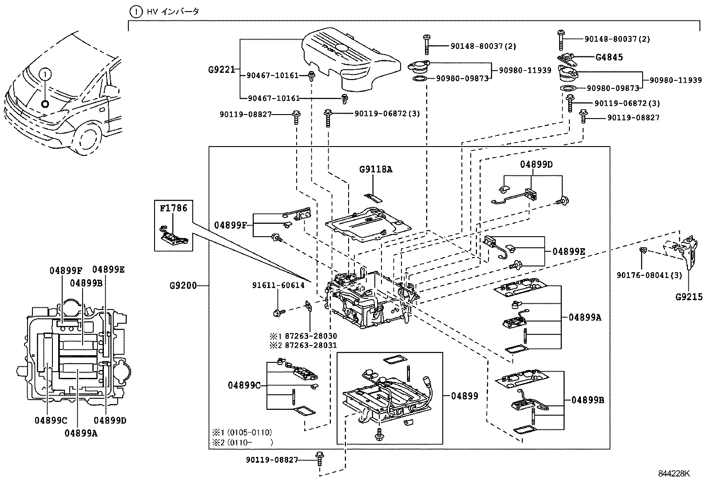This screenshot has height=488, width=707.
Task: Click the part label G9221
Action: click(x=221, y=70)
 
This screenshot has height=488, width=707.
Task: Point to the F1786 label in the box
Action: click(x=174, y=208)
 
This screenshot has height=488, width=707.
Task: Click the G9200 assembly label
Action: click(x=183, y=286)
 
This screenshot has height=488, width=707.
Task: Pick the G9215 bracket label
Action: click(x=689, y=297)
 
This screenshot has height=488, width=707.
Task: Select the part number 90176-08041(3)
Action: click(x=649, y=275)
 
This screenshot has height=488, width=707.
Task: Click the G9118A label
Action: click(x=376, y=170)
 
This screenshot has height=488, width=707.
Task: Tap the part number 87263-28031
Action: click(x=310, y=345)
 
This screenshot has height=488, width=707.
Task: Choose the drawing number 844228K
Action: click(x=674, y=473)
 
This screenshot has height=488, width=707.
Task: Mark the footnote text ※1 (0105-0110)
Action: click(x=242, y=432)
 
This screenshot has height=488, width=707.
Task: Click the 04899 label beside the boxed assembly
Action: click(x=465, y=396)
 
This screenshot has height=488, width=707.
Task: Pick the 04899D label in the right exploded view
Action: click(x=536, y=165)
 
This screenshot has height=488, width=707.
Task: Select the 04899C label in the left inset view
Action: click(x=51, y=420)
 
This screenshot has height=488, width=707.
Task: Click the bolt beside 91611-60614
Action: click(x=278, y=313)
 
